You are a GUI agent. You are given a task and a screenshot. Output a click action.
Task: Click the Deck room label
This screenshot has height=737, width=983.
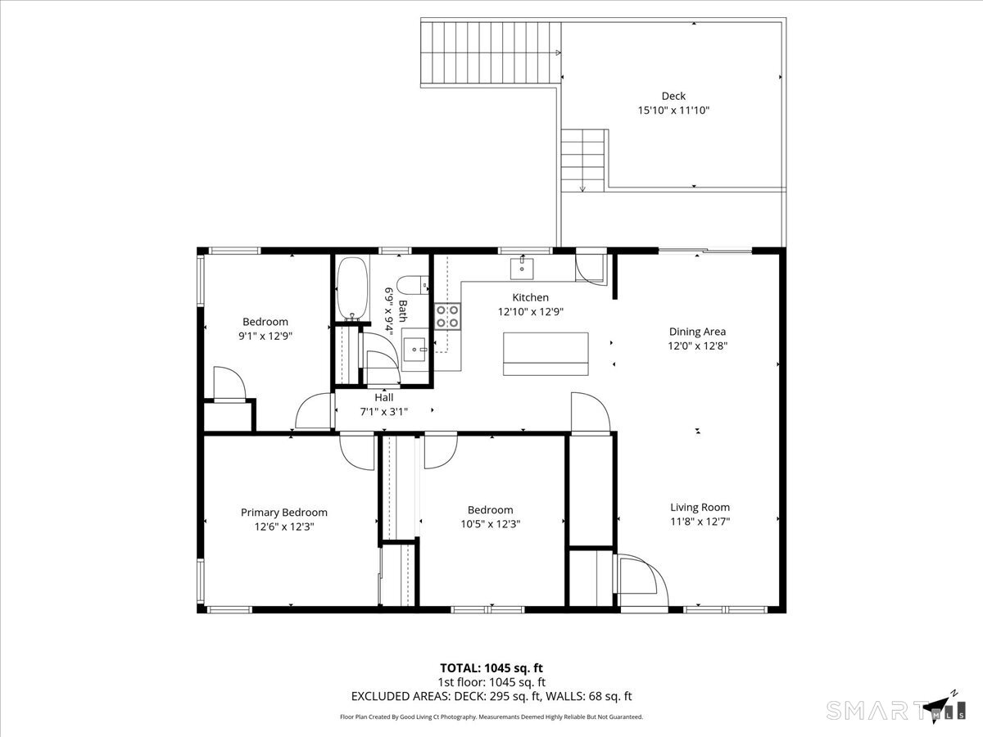673,96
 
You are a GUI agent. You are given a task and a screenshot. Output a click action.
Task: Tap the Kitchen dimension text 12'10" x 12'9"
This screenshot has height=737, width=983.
531,311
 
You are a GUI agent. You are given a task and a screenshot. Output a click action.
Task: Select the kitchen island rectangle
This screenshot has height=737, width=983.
546,354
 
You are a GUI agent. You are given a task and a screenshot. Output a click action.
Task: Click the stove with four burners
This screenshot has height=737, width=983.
447,315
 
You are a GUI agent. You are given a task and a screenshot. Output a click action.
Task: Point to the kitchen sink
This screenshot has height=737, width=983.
522,267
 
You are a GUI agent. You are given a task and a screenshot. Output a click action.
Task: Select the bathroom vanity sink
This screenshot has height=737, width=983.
415,350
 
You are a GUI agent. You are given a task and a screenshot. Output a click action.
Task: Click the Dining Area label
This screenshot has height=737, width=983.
697,332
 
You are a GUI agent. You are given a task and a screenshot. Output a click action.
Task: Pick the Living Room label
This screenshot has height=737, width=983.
700,507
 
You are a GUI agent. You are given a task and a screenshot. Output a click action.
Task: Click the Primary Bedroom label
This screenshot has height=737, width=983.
284,513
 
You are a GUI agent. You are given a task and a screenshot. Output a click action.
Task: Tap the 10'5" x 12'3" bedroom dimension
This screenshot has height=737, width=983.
490,524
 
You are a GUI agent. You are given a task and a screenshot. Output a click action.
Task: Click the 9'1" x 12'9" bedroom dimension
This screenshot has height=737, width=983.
265,336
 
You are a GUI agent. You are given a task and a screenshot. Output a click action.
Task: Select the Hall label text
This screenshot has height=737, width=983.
383,397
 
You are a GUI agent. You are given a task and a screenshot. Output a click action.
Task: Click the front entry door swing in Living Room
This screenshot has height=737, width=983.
642,580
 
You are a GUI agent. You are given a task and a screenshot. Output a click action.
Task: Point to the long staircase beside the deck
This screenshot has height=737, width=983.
490,54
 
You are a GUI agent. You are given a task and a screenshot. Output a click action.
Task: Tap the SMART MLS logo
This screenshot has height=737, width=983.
893,708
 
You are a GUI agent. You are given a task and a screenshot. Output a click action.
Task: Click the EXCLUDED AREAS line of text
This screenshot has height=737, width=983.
491,697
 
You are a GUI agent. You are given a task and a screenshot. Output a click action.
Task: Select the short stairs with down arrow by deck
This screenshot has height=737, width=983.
583,160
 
